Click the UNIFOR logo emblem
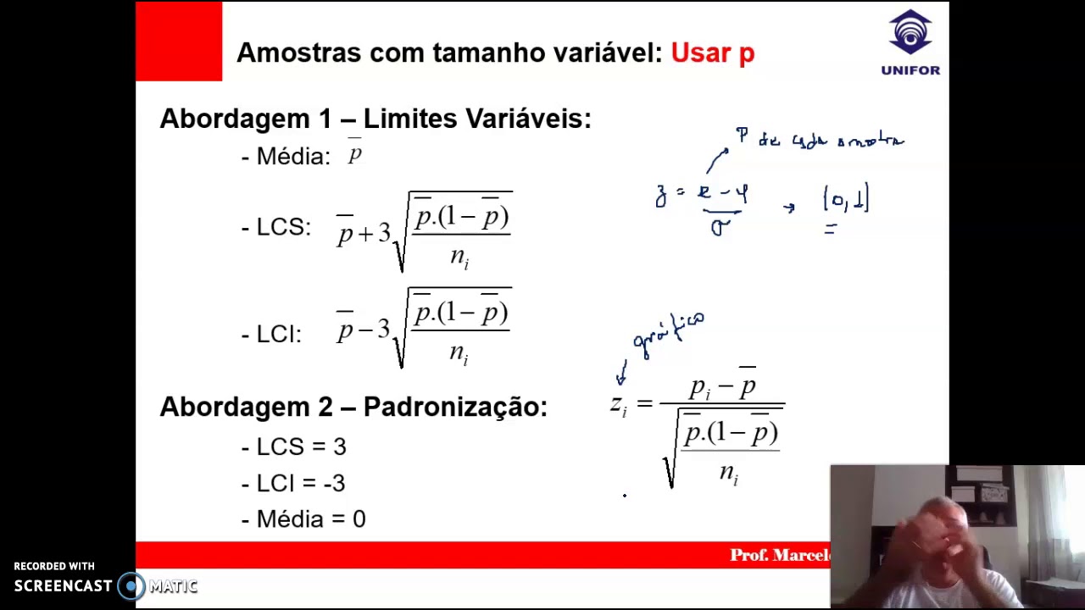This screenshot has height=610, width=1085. tap(910, 33)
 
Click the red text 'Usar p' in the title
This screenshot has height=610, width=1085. tap(712, 53)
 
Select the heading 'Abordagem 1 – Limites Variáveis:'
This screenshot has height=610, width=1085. tap(375, 119)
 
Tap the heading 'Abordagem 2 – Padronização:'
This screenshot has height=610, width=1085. tap(353, 407)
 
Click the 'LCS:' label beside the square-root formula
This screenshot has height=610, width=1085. tap(283, 227)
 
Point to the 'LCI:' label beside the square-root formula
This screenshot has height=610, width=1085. tap(278, 334)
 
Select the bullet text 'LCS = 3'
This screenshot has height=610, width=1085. tap(301, 446)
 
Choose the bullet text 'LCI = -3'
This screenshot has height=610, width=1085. tap(300, 483)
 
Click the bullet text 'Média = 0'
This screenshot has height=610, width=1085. tap(310, 519)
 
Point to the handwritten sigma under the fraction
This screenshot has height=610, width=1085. tap(720, 227)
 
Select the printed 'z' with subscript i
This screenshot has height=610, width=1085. tap(618, 405)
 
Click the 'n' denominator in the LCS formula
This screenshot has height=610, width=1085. tap(459, 257)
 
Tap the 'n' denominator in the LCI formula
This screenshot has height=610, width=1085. tap(459, 352)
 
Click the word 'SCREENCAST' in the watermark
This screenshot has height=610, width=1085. tap(63, 585)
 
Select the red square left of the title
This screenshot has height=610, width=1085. tap(179, 42)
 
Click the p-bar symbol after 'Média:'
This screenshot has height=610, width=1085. tap(354, 154)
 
